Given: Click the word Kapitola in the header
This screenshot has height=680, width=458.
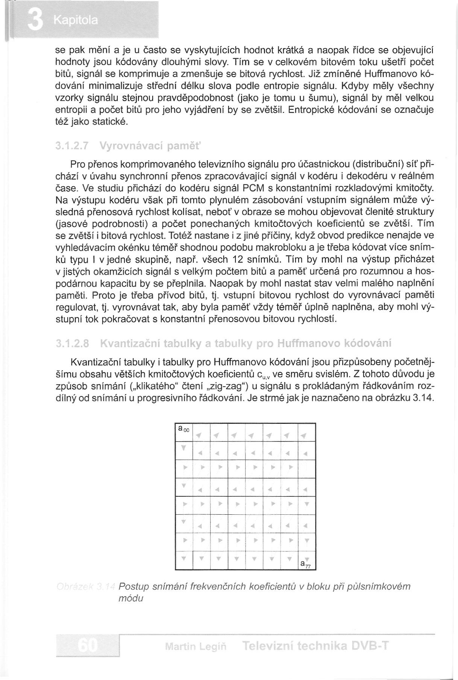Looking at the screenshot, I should click(75, 20).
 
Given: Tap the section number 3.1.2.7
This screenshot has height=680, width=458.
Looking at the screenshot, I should click(71, 145).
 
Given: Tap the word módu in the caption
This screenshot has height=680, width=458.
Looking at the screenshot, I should click(131, 598).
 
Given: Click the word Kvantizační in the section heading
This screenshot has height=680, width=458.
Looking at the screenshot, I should click(129, 343).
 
